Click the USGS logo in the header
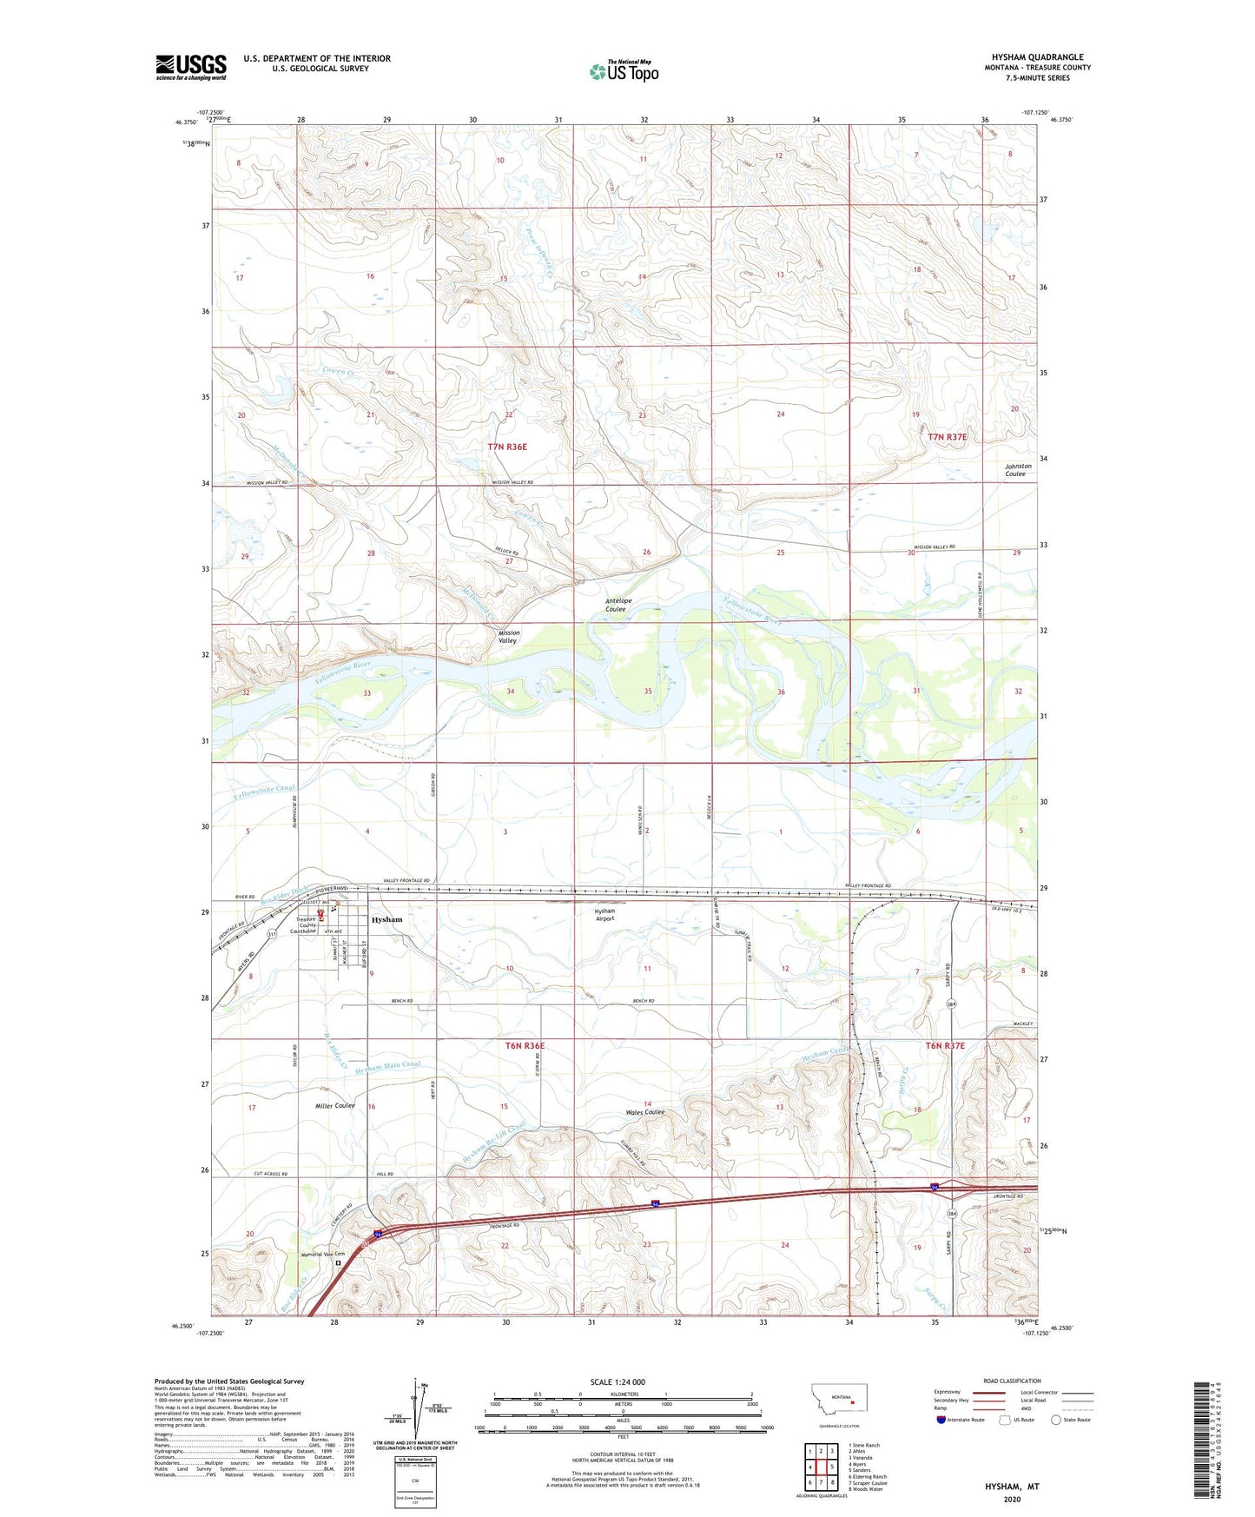point(190,67)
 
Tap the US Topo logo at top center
point(624,71)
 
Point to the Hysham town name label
point(386,919)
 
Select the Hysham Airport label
point(604,915)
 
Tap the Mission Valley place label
point(509,636)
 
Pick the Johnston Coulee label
point(1018,469)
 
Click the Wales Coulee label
point(644,1112)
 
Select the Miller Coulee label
point(334,1105)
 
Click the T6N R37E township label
point(945,1046)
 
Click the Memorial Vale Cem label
point(322,1254)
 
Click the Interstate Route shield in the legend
point(941,1420)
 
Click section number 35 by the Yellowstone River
point(648,692)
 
